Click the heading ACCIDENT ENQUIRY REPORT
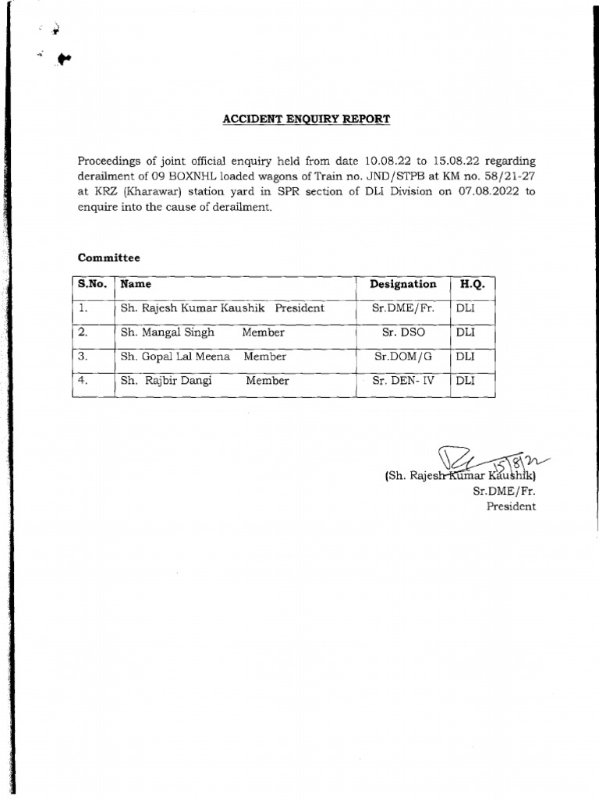coord(307,119)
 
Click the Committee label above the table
coord(108,257)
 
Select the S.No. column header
coord(93,285)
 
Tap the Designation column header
coord(403,285)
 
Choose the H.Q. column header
coord(473,285)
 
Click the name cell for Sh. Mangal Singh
coord(168,332)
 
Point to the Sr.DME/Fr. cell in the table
coord(402,308)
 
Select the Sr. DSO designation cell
coord(402,332)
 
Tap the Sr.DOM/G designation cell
coord(402,357)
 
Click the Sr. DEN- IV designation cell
coord(402,381)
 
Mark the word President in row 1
coord(299,308)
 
